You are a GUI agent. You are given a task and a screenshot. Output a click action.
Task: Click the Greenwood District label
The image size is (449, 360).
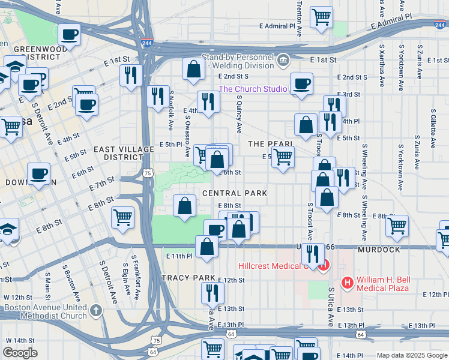tap(37, 53)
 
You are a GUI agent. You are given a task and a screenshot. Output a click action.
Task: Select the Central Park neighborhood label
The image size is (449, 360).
tap(234, 193)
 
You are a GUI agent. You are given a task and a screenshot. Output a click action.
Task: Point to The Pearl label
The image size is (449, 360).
tap(270, 144)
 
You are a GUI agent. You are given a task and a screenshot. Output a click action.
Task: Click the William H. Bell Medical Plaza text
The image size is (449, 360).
tap(382, 284)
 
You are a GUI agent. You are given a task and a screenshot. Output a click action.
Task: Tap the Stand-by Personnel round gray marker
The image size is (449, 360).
tap(283, 59)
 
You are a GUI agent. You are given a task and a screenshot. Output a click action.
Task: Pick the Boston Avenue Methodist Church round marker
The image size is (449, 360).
tap(96, 311)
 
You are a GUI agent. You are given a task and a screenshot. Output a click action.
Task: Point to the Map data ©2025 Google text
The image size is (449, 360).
tap(411, 355)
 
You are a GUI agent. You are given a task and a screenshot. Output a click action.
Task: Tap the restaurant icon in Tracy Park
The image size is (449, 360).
tap(212, 292)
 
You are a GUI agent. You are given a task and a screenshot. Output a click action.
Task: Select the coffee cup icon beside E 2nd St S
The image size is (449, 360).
tap(301, 83)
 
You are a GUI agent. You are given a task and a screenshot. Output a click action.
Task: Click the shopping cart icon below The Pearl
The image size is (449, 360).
tap(283, 157)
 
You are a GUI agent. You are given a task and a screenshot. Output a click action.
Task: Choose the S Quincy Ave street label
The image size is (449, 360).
tap(238, 115)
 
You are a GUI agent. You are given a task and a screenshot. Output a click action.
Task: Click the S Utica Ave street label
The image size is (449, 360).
tap(331, 305)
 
